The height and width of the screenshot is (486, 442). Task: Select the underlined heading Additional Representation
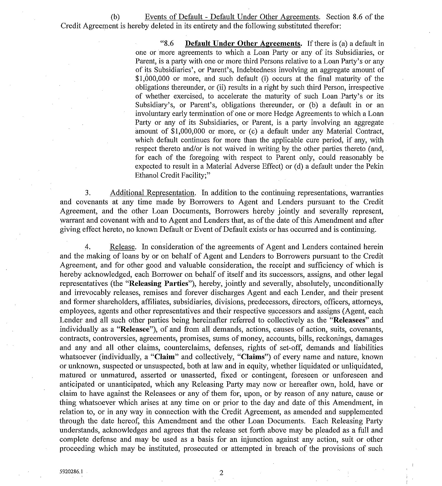tap(152, 193)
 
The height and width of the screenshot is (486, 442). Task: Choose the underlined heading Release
tap(122, 247)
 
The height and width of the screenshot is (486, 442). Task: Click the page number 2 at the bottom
tap(221, 473)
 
